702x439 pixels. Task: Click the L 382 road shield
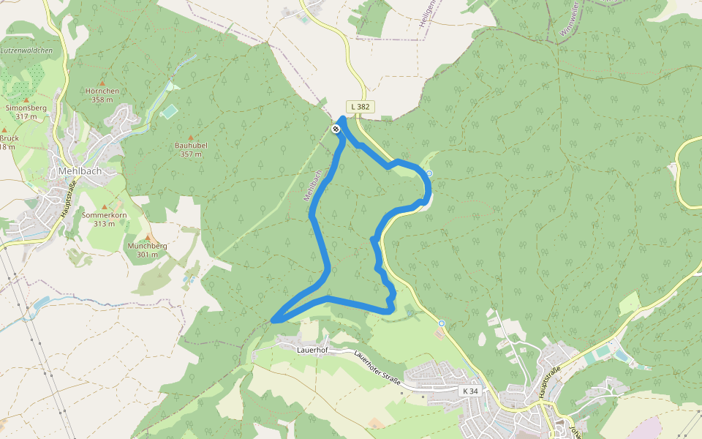coord(360,107)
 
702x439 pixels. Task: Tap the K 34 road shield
coord(471,391)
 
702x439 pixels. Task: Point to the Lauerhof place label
coord(311,350)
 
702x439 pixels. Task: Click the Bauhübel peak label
coord(191,146)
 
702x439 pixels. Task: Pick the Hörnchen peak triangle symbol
coord(102,83)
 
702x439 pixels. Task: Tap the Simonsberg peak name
coord(26,108)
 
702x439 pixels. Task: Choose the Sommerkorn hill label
coord(105,215)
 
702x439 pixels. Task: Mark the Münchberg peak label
coord(147,246)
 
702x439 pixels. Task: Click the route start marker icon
coord(336,129)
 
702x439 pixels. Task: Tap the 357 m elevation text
coord(191,154)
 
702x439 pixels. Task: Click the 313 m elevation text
coord(105,224)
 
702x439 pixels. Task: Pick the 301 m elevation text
coord(147,255)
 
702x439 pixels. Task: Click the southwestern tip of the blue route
coord(273,320)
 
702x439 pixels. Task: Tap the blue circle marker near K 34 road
coord(442,323)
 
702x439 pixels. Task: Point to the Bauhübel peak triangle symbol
coord(191,138)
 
